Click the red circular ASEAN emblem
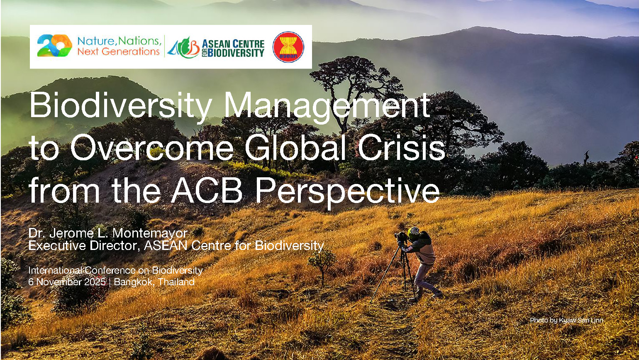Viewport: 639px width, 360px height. pos(288,47)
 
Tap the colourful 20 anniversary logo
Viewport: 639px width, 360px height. pos(54,45)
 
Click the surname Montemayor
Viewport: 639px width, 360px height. pos(150,233)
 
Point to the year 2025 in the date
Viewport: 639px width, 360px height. pos(95,282)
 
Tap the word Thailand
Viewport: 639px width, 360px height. pos(176,282)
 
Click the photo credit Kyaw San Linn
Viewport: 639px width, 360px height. pos(581,320)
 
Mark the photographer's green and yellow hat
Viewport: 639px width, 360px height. pos(413,233)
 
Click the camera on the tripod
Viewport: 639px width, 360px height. pos(400,237)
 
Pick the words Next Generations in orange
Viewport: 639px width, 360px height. pos(118,51)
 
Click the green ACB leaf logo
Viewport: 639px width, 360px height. pos(183,47)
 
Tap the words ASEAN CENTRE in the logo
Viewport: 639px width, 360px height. pos(233,44)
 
